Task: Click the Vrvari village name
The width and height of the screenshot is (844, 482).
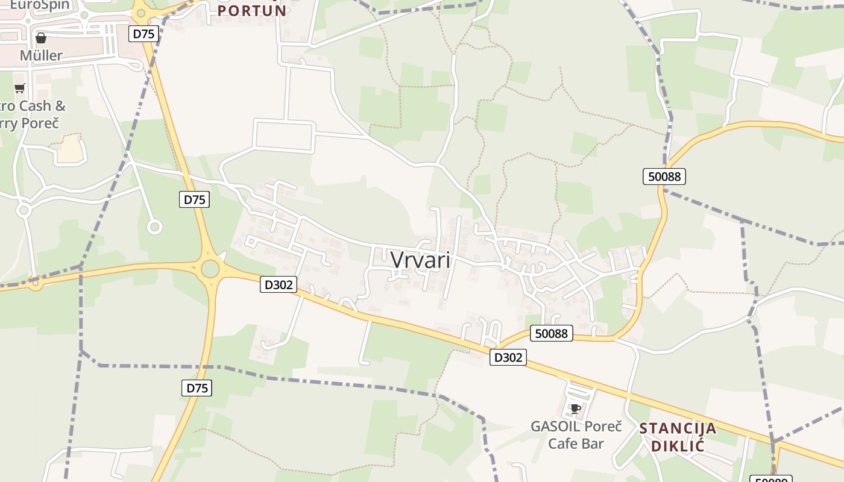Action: click(420, 260)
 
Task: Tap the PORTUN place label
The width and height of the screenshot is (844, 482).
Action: click(252, 11)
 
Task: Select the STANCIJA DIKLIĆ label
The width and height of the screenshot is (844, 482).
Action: click(678, 437)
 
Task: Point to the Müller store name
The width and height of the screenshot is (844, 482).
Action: click(41, 55)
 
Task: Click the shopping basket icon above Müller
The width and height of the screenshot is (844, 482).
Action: click(41, 38)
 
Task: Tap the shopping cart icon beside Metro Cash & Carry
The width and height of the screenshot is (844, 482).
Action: click(20, 89)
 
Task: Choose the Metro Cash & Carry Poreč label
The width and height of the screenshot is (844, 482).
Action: click(33, 114)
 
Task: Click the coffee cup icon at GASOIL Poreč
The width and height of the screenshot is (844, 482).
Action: click(575, 408)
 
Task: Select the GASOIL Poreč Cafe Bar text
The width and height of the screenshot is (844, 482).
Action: click(576, 435)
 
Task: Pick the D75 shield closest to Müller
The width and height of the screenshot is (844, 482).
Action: click(143, 34)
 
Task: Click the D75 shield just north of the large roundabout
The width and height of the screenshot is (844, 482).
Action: click(194, 199)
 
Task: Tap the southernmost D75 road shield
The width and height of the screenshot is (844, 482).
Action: click(197, 388)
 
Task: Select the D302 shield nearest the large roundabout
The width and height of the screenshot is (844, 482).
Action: click(279, 284)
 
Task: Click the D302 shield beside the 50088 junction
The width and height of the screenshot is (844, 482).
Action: click(508, 357)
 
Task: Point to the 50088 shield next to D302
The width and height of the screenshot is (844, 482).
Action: click(552, 333)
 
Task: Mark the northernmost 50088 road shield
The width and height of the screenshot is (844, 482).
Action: click(664, 177)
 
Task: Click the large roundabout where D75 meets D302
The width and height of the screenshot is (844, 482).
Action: click(210, 269)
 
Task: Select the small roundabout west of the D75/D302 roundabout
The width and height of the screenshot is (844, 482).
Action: click(36, 282)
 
